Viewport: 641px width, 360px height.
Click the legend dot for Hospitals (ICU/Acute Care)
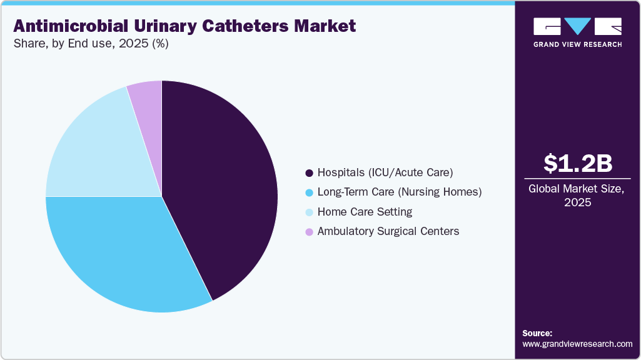coord(309,172)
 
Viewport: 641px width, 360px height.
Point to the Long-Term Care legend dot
coord(309,192)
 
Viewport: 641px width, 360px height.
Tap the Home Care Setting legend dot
coord(309,212)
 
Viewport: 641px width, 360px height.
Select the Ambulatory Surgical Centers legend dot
coord(309,232)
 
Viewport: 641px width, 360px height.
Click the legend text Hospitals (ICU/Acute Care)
coord(385,172)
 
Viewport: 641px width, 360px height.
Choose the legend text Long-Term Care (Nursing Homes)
coord(400,192)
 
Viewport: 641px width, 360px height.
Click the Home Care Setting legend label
coord(365,212)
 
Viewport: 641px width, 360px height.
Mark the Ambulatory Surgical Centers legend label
coord(388,231)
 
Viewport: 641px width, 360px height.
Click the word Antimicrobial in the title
coord(67,26)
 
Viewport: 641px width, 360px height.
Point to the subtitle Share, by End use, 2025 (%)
coord(91,44)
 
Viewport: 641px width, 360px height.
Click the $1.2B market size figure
coord(577,163)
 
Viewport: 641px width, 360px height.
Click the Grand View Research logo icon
coord(577,26)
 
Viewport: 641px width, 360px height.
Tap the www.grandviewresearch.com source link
coord(577,344)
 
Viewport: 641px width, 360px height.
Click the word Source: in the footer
coord(537,333)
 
